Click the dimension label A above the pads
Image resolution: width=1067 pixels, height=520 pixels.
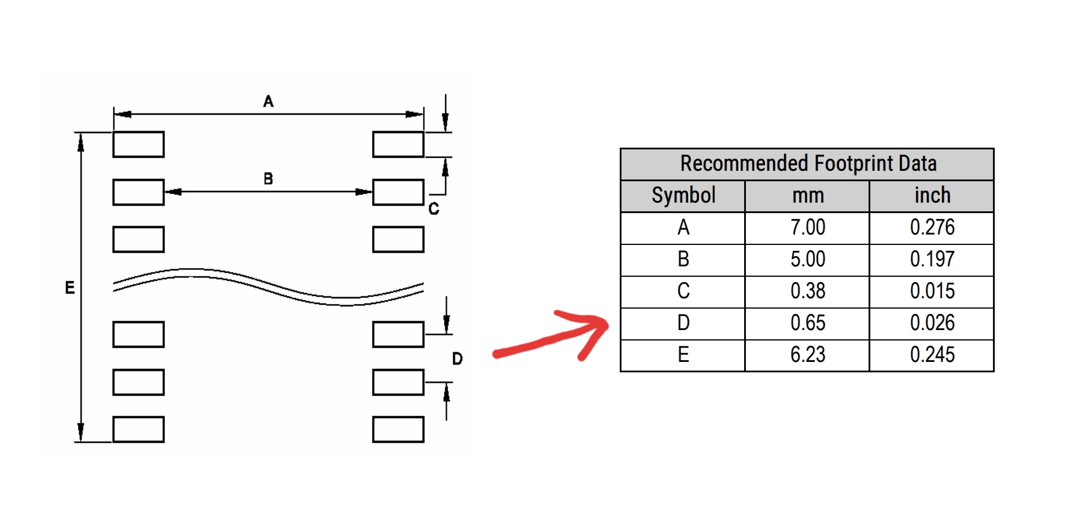pyautogui.click(x=268, y=102)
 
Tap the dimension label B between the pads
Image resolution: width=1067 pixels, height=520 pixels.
pyautogui.click(x=268, y=179)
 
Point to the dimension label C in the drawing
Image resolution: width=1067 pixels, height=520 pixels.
pyautogui.click(x=433, y=209)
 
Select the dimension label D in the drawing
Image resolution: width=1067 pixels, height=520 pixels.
pyautogui.click(x=457, y=359)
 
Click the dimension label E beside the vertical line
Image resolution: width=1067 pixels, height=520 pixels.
pyautogui.click(x=69, y=288)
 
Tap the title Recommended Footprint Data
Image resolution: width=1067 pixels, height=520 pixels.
pyautogui.click(x=808, y=164)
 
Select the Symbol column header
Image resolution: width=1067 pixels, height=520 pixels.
pyautogui.click(x=683, y=196)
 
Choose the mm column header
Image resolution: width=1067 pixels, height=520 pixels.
pyautogui.click(x=808, y=196)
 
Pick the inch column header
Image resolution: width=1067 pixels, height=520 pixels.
pyautogui.click(x=932, y=196)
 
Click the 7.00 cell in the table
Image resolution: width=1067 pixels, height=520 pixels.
pyautogui.click(x=808, y=228)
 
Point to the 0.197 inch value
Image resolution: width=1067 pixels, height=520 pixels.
pyautogui.click(x=932, y=259)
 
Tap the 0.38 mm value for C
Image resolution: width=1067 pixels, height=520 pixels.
pyautogui.click(x=808, y=291)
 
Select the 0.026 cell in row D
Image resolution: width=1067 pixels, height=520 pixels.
pyautogui.click(x=932, y=323)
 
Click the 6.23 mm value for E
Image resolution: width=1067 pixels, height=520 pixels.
pyautogui.click(x=808, y=355)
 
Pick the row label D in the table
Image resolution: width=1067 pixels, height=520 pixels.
pyautogui.click(x=683, y=323)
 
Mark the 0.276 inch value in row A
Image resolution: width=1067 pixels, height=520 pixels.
pyautogui.click(x=932, y=228)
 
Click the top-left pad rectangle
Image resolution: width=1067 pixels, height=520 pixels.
pyautogui.click(x=138, y=144)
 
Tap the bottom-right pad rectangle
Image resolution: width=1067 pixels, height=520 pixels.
pyautogui.click(x=398, y=430)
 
